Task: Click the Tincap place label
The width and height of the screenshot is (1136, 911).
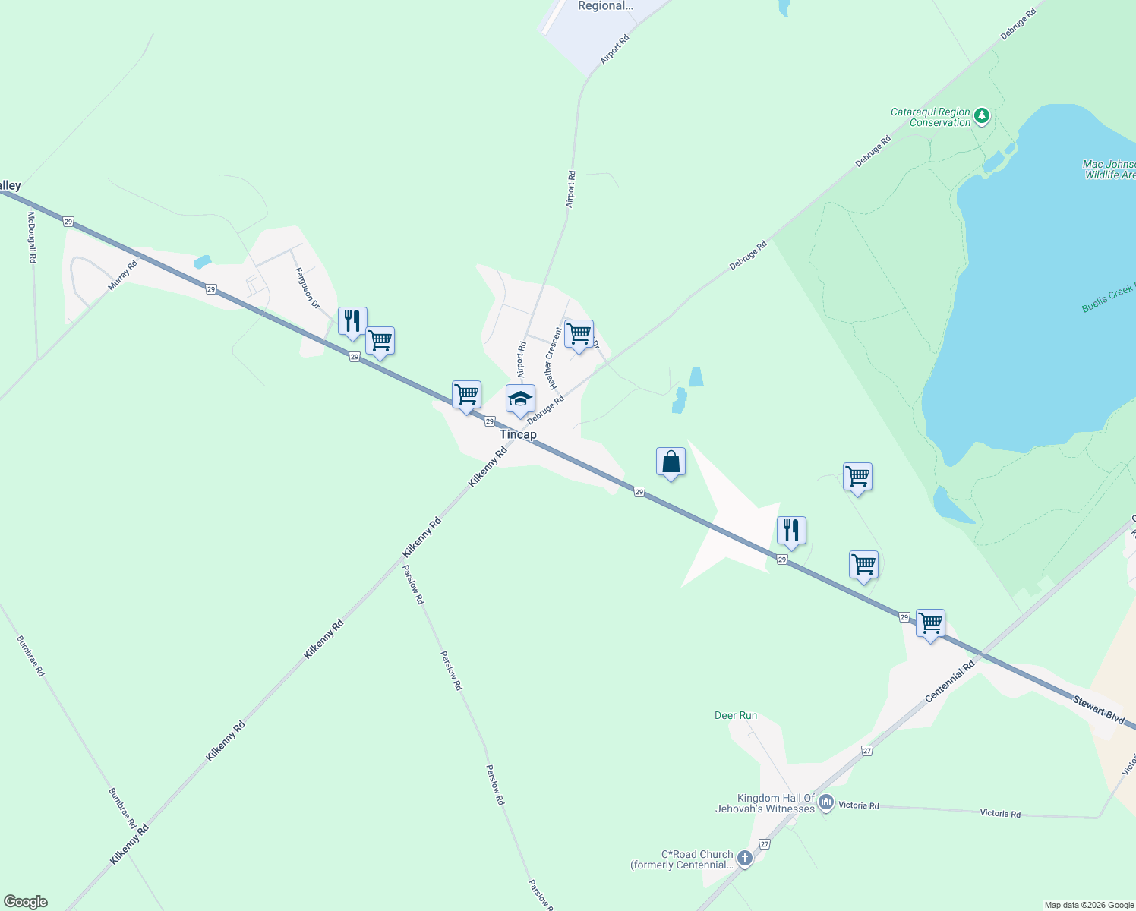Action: point(518,435)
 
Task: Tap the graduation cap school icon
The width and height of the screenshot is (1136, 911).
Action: point(520,399)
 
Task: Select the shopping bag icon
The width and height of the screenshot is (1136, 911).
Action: point(671,462)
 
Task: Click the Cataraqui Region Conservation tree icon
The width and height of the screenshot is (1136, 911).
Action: point(982,116)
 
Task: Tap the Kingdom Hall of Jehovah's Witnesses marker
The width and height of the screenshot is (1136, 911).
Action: point(826,802)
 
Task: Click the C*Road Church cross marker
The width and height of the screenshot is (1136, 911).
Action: point(745,858)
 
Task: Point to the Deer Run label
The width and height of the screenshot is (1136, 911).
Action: point(736,715)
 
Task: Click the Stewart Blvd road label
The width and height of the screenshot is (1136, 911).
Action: point(1099,709)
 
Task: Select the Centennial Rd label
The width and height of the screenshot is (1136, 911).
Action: point(949,682)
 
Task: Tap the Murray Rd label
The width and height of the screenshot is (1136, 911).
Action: point(122,275)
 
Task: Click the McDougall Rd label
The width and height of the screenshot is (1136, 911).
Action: point(32,237)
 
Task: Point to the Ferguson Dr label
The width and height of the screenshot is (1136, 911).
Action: point(308,288)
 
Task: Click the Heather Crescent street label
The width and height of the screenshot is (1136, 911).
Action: point(553,354)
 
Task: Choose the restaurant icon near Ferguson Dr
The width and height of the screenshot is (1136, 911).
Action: point(352,321)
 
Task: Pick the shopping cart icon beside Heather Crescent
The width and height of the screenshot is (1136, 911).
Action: point(579,333)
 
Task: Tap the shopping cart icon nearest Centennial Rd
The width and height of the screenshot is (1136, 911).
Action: point(930,623)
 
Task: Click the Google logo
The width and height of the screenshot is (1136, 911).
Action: point(26,902)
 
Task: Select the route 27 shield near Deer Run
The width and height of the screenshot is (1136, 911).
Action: point(867,750)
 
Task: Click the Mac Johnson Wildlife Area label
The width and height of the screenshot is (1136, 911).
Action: point(1109,169)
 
